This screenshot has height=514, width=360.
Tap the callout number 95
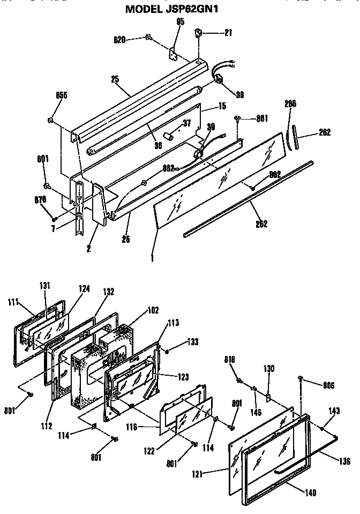click(x=180, y=22)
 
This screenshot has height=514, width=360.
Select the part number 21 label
click(x=228, y=33)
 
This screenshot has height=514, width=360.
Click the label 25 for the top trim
click(x=114, y=79)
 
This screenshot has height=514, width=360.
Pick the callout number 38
click(x=239, y=95)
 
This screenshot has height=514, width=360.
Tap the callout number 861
click(x=261, y=118)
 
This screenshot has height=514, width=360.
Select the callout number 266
click(x=290, y=103)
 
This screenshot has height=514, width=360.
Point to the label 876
click(x=41, y=199)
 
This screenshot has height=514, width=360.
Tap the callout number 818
click(x=230, y=361)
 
